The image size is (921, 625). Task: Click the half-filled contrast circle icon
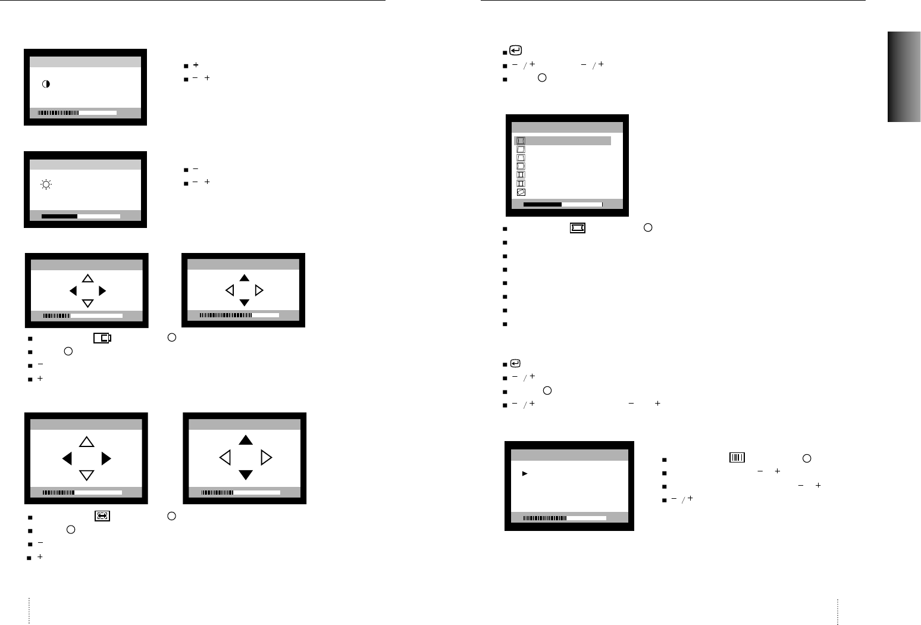[46, 85]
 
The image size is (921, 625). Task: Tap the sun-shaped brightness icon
[46, 185]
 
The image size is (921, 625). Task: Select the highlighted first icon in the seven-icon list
[521, 141]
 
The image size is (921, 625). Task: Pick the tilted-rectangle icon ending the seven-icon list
[521, 192]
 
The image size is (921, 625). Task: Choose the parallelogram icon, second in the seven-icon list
[521, 150]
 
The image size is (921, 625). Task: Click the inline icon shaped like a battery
[102, 338]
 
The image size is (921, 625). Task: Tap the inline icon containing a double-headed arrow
[102, 516]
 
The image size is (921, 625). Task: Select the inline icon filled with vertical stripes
[737, 458]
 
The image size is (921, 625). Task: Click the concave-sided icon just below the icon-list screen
[577, 227]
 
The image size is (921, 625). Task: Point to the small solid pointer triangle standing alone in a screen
[525, 474]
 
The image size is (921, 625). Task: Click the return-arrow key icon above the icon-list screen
[516, 51]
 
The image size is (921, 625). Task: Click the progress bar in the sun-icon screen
[81, 216]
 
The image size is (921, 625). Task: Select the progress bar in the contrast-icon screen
[77, 112]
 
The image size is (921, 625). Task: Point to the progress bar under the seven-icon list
[563, 204]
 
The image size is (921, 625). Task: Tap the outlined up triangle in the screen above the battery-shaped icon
[87, 278]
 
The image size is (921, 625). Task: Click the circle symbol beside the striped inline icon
[807, 458]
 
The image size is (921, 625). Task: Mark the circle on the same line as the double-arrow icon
[171, 516]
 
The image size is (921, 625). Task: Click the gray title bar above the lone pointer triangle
[569, 455]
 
